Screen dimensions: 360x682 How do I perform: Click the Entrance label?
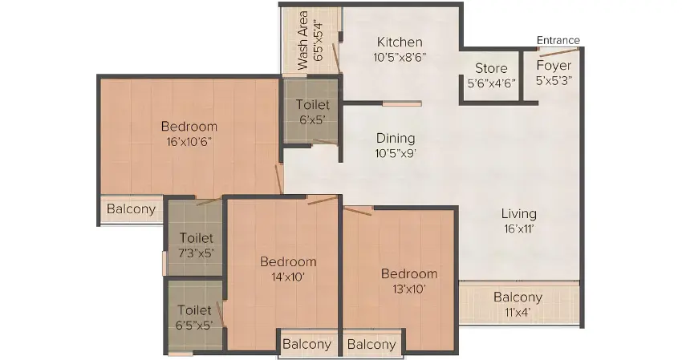point(558,41)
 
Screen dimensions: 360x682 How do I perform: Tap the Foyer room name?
point(554,65)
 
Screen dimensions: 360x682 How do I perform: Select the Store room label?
point(490,68)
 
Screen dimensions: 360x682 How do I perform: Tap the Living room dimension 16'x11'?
point(519,229)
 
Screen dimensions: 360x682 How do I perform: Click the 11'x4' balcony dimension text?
point(518,312)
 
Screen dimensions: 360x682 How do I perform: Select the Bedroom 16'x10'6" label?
point(189,126)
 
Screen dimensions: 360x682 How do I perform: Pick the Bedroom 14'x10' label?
point(288,261)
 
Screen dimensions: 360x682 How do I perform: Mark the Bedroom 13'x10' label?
point(409,273)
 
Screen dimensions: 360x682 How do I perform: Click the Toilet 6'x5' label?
point(311,105)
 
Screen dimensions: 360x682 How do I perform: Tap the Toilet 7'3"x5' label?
point(197,238)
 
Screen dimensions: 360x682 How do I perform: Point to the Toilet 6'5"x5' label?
point(195,309)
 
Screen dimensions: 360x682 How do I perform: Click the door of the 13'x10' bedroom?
point(358,210)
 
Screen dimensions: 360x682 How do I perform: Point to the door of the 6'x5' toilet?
point(324,143)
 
